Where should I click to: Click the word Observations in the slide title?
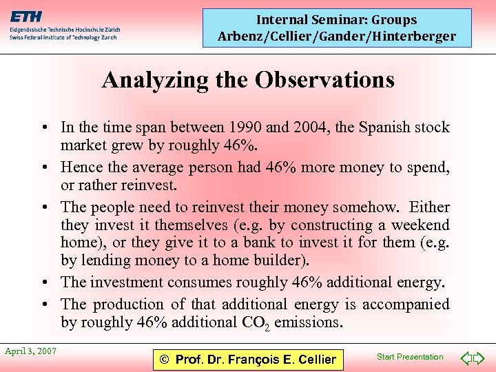click(x=324, y=81)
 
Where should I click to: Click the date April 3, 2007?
click(x=30, y=351)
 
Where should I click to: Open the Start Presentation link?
click(x=410, y=357)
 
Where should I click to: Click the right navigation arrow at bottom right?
click(x=482, y=358)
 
